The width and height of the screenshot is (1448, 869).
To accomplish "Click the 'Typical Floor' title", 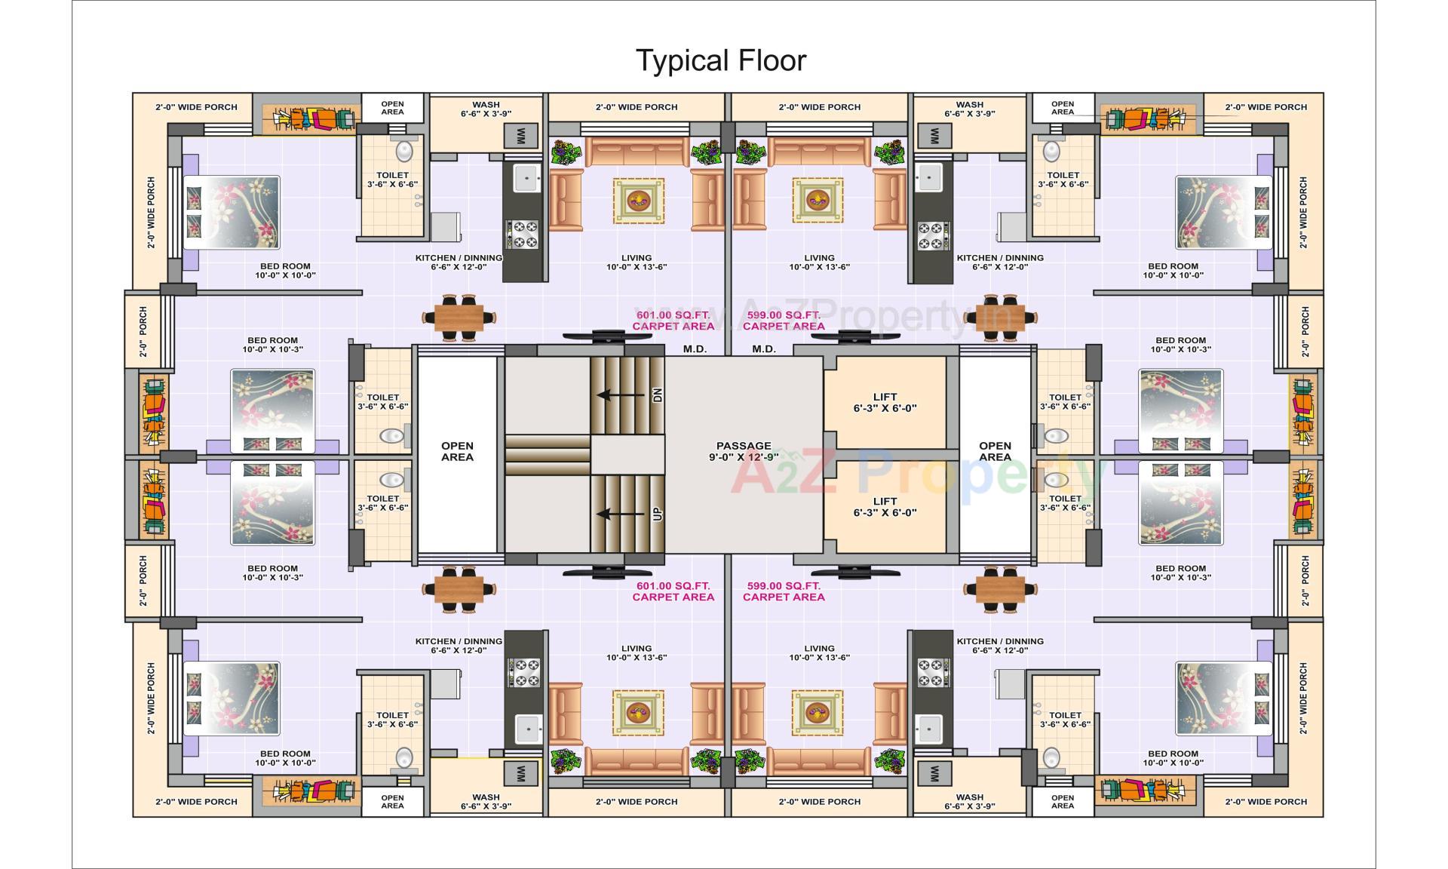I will [721, 60].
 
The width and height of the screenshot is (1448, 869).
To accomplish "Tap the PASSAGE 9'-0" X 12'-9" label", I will [744, 451].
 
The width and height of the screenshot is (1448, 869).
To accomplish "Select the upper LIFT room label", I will [885, 402].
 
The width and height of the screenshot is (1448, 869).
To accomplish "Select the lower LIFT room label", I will [885, 506].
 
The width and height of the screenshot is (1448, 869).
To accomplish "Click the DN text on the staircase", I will [657, 395].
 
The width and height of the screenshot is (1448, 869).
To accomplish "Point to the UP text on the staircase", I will [657, 514].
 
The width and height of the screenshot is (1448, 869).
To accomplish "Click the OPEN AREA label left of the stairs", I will [457, 451].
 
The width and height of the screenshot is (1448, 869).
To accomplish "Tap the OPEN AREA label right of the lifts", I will [995, 451].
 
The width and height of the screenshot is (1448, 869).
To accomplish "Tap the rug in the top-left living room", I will [638, 201].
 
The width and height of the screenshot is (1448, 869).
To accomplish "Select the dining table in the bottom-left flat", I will [459, 588].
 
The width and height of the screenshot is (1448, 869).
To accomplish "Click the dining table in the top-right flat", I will [1001, 316].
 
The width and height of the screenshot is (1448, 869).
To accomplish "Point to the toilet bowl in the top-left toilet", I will [405, 151].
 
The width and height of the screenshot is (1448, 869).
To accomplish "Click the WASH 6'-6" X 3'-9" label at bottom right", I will [969, 801].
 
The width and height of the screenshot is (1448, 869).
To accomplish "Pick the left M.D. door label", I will [695, 349].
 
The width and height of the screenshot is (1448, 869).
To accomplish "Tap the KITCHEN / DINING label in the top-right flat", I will [1000, 262].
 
